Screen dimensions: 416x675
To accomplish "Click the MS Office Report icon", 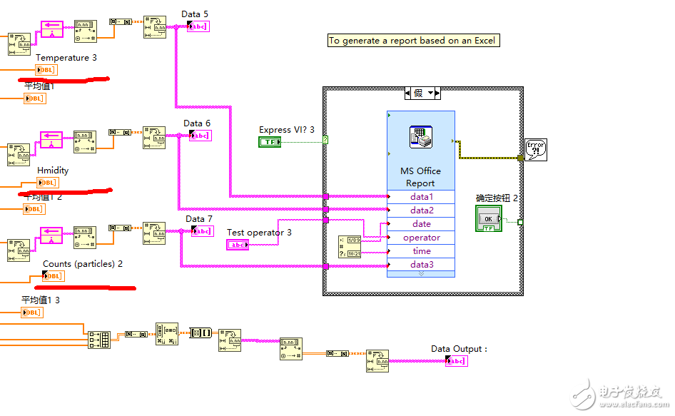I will click(421, 136).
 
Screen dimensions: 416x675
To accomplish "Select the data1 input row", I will click(421, 197).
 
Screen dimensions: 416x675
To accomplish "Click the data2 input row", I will click(421, 210).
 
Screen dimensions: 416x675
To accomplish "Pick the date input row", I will click(421, 224).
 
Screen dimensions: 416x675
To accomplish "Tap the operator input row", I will click(421, 238).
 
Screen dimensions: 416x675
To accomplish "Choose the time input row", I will click(421, 251).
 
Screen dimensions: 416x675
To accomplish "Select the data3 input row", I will click(421, 265).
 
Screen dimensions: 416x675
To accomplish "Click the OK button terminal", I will click(489, 218).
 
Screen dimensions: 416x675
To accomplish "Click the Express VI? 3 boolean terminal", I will click(270, 142).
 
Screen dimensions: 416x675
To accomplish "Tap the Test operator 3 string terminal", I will click(238, 245).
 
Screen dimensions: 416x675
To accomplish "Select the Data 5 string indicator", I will click(198, 26).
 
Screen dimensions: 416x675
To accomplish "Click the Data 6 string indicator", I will click(200, 136).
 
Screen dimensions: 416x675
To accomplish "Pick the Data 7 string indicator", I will click(202, 231).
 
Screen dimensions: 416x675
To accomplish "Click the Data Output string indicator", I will click(457, 361).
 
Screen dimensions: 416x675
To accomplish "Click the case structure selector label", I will click(422, 93).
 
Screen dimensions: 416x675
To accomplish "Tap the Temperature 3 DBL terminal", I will click(46, 70).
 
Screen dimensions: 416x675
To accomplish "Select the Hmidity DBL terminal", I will click(46, 183).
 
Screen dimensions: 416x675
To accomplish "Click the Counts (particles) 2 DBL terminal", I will click(53, 276).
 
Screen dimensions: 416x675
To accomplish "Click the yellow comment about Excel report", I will click(412, 41).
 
